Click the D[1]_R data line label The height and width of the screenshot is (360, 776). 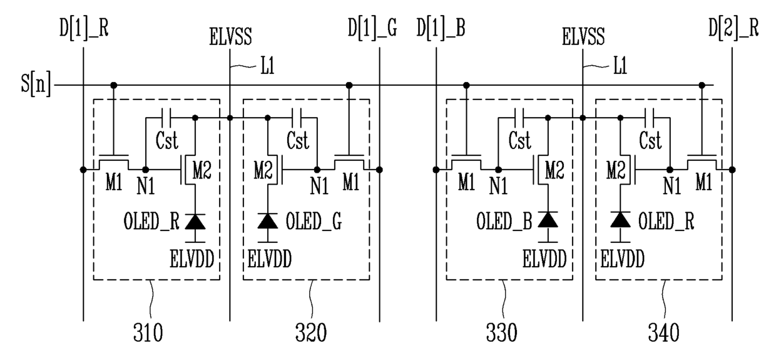[84, 28]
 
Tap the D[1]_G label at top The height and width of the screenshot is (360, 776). [372, 28]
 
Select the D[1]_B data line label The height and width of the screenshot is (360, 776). [441, 28]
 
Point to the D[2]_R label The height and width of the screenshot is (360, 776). [733, 28]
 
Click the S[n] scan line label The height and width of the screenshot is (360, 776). [36, 84]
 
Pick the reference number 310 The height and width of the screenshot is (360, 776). [148, 333]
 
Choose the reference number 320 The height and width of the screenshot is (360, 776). [311, 333]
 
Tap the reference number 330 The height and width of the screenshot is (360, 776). [502, 333]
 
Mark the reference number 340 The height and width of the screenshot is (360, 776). [664, 333]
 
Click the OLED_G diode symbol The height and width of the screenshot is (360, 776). [267, 222]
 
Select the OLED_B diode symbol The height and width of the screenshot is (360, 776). [548, 220]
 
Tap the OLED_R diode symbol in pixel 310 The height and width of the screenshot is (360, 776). [195, 222]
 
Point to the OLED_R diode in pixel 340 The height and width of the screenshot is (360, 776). [620, 220]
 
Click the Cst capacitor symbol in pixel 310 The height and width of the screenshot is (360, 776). [166, 118]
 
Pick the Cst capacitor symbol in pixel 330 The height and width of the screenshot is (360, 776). [519, 118]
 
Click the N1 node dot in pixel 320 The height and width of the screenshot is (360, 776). [317, 170]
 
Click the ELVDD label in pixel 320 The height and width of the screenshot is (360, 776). [270, 259]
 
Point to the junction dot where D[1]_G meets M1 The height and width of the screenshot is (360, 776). [379, 170]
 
